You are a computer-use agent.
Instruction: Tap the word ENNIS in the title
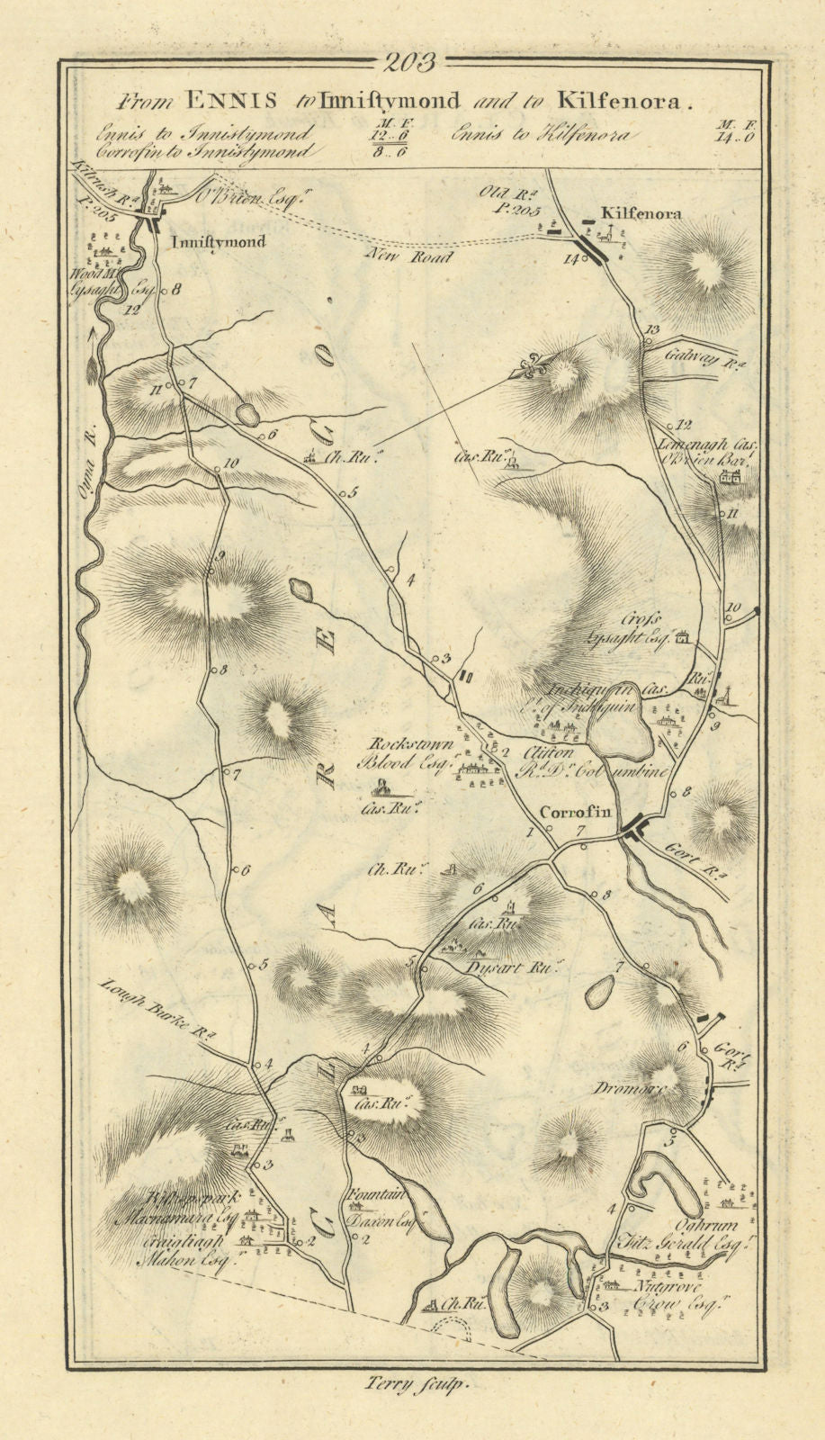point(232,101)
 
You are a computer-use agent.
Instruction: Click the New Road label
point(409,256)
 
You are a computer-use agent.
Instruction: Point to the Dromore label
point(641,1087)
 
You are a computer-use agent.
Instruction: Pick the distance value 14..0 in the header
point(735,137)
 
